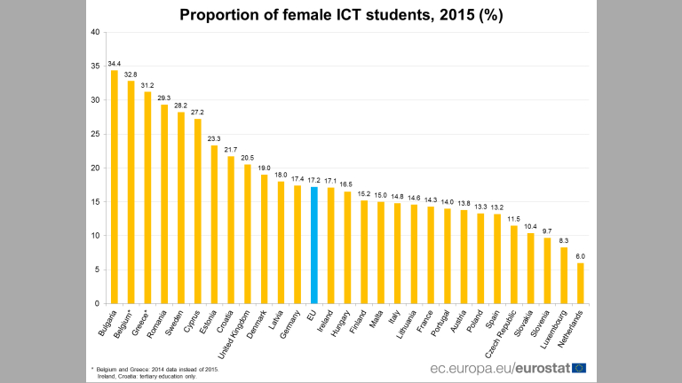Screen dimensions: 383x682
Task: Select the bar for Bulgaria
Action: pyautogui.click(x=115, y=187)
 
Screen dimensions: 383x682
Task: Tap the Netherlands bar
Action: pyautogui.click(x=581, y=283)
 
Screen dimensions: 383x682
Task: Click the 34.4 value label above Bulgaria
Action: pyautogui.click(x=115, y=64)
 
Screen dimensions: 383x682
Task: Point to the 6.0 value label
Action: pyautogui.click(x=581, y=256)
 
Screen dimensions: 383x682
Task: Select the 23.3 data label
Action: pyautogui.click(x=214, y=139)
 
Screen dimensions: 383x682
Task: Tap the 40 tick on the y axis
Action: pyautogui.click(x=95, y=33)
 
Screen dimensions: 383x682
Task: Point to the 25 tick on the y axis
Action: pyautogui.click(x=95, y=135)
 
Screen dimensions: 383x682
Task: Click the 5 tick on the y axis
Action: pyautogui.click(x=97, y=270)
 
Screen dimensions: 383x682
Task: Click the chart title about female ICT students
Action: pyautogui.click(x=341, y=15)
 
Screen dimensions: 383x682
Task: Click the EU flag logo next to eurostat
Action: pyautogui.click(x=579, y=367)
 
